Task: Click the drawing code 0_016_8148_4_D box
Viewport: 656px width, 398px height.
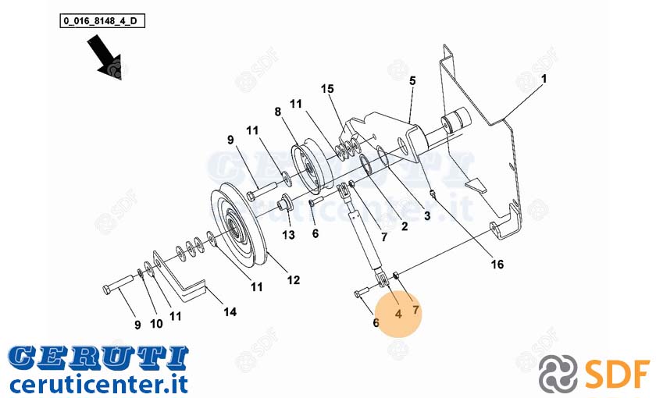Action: pos(102,20)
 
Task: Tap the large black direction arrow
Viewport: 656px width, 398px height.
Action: pos(105,56)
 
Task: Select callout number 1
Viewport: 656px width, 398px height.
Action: pos(544,79)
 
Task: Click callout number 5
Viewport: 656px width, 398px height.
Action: pos(412,80)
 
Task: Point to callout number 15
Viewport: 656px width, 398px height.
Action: pos(327,89)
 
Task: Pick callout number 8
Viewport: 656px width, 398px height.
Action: pos(278,112)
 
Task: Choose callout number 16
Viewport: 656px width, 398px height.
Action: pos(497,265)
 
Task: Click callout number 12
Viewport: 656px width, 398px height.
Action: pos(294,279)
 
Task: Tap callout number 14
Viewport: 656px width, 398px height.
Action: pos(230,311)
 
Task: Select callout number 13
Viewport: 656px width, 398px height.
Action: pos(288,235)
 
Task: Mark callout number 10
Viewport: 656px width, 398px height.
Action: pos(156,324)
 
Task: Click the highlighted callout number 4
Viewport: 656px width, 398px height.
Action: pos(398,314)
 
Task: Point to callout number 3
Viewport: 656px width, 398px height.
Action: pos(426,215)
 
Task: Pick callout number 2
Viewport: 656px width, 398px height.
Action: pos(405,226)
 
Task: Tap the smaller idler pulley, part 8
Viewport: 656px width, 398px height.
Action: pos(312,166)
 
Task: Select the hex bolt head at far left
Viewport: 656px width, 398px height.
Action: pos(106,289)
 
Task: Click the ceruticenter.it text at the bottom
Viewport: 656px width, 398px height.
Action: pos(98,384)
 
